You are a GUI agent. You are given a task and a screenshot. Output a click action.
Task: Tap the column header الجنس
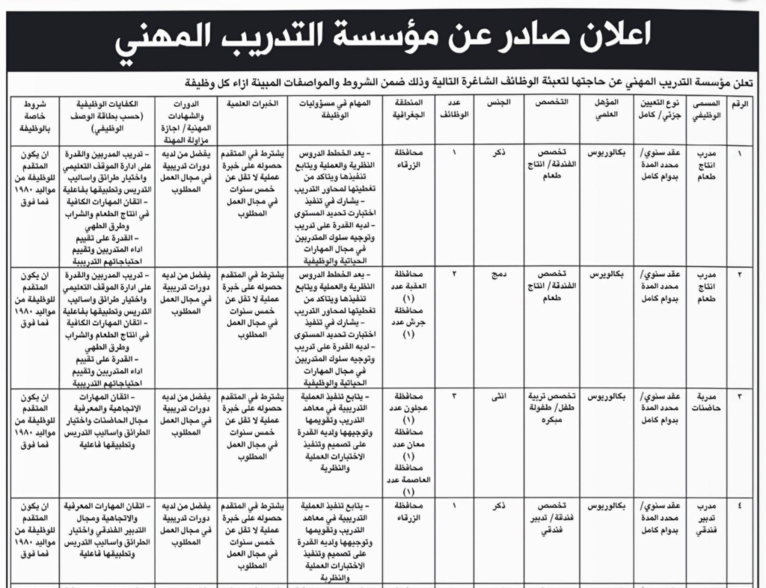500,101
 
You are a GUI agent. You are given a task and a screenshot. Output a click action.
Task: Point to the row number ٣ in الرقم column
741,396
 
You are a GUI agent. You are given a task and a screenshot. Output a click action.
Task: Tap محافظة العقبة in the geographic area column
408,281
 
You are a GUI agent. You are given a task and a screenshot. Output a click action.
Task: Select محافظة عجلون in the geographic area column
408,402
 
